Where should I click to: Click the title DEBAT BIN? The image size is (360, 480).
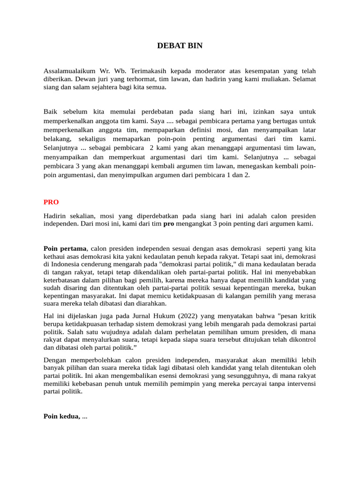coord(180,45)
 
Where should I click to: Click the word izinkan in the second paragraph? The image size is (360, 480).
coord(264,112)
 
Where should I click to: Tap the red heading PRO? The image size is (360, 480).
coord(51,202)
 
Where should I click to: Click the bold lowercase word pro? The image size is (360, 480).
coord(169,224)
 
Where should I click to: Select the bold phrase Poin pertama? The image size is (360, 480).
coord(65,248)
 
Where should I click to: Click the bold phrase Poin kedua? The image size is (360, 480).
coord(62,416)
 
